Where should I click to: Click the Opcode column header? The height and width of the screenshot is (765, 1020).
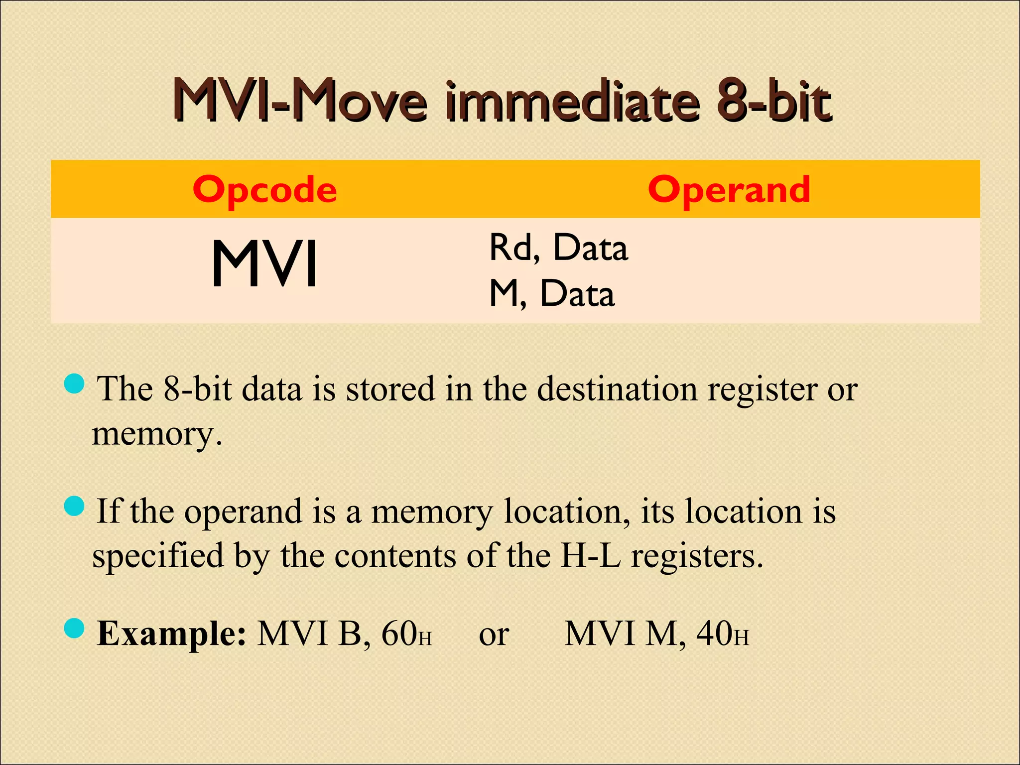click(x=264, y=190)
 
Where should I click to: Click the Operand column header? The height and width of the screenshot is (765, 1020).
click(x=729, y=190)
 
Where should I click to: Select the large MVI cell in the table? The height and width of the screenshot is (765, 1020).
click(x=264, y=263)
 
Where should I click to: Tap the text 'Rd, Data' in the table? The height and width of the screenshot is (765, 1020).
click(x=558, y=248)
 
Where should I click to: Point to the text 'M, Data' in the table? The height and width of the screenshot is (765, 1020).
click(x=552, y=293)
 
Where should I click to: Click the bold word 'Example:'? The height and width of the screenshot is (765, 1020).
click(x=171, y=634)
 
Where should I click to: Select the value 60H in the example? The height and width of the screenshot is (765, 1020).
click(x=406, y=634)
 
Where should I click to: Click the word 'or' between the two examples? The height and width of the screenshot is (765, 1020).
click(x=494, y=635)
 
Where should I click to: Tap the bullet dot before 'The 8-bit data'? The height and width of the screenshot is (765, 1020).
click(x=75, y=383)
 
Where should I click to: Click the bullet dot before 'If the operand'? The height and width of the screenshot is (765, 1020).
click(x=75, y=507)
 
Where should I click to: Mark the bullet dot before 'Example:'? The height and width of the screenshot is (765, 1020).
click(x=75, y=629)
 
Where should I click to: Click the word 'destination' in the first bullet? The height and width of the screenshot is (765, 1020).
click(x=617, y=388)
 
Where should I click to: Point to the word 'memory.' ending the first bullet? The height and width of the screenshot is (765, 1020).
click(x=157, y=434)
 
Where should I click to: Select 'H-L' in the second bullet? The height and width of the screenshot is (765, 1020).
click(x=590, y=556)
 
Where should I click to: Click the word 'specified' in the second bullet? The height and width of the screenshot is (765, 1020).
click(x=158, y=557)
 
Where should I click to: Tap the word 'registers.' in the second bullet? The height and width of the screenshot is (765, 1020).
click(x=697, y=557)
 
